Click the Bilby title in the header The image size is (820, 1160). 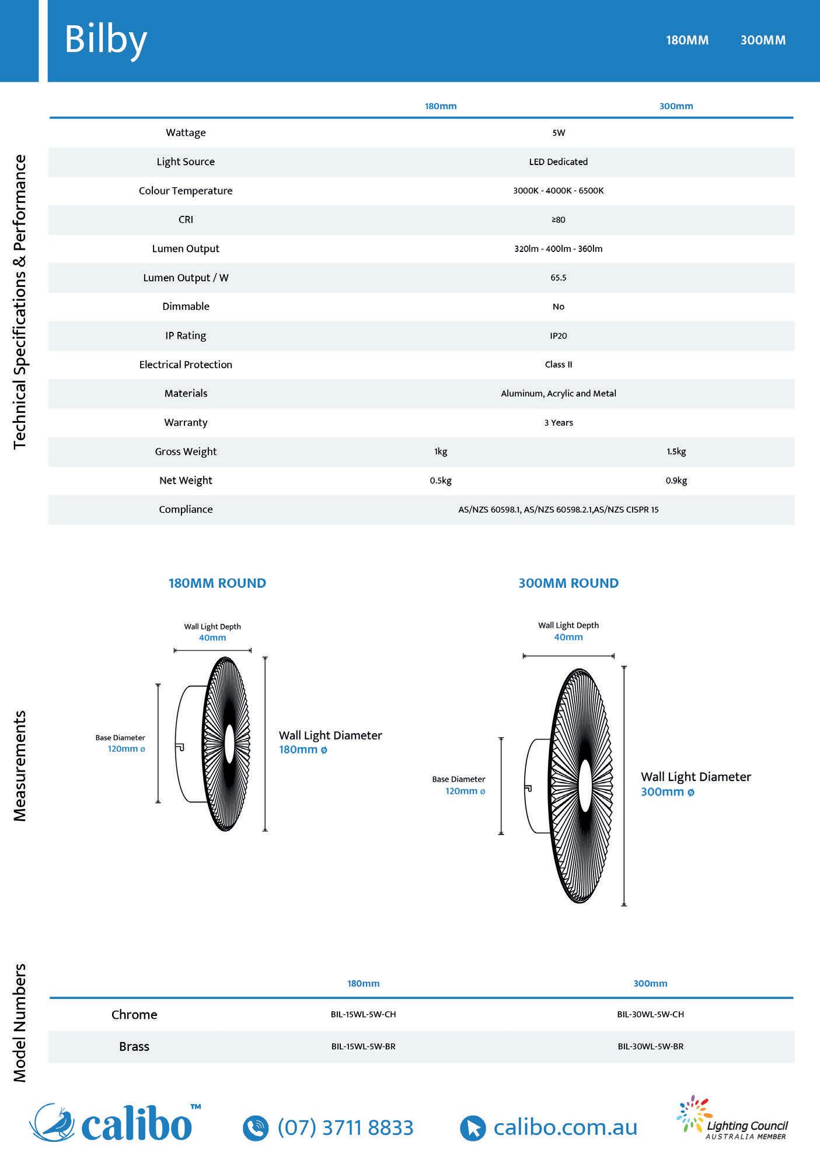click(x=106, y=41)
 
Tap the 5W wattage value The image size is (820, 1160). click(x=559, y=132)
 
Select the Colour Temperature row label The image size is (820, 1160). click(x=186, y=191)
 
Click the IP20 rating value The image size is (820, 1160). click(x=559, y=335)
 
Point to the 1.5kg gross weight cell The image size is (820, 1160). click(x=676, y=451)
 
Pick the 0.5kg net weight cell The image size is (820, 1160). click(x=441, y=481)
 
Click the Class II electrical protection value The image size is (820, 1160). click(x=559, y=365)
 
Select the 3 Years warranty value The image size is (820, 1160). click(x=559, y=422)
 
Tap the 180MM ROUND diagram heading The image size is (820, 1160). click(x=217, y=583)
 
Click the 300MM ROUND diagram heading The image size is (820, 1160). click(x=568, y=583)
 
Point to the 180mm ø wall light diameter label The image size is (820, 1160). click(x=303, y=749)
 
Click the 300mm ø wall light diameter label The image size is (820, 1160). click(x=668, y=791)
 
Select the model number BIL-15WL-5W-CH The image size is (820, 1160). click(x=363, y=1014)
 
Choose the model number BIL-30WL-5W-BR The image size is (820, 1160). click(x=650, y=1046)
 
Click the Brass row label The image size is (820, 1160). click(x=134, y=1046)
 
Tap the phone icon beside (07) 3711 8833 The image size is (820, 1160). click(x=255, y=1128)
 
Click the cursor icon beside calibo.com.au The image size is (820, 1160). click(x=472, y=1128)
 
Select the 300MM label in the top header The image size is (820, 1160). click(x=763, y=40)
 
